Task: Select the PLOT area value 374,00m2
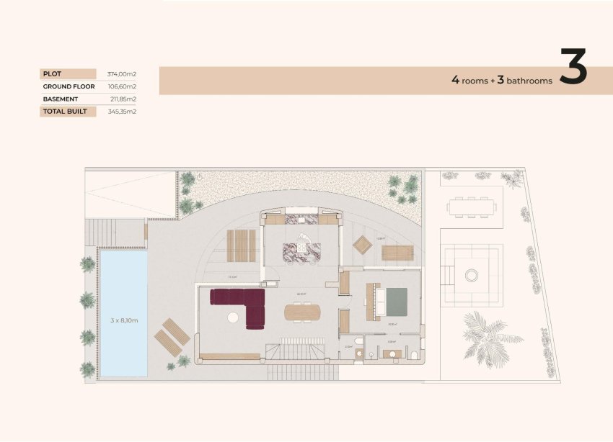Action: (x=122, y=73)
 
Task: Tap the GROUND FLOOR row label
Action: (x=69, y=86)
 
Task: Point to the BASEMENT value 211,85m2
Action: (x=122, y=99)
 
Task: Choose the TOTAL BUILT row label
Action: (x=65, y=112)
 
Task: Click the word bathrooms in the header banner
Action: (x=529, y=81)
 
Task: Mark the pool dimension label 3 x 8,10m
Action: (x=123, y=314)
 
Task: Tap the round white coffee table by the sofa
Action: (x=233, y=317)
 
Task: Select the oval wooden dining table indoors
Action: (x=302, y=312)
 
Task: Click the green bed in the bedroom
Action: (x=395, y=302)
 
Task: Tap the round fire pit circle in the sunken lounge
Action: (x=472, y=274)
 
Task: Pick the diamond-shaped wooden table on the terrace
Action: (x=363, y=245)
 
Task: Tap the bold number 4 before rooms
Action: (x=455, y=81)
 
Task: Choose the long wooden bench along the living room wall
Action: (x=230, y=356)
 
